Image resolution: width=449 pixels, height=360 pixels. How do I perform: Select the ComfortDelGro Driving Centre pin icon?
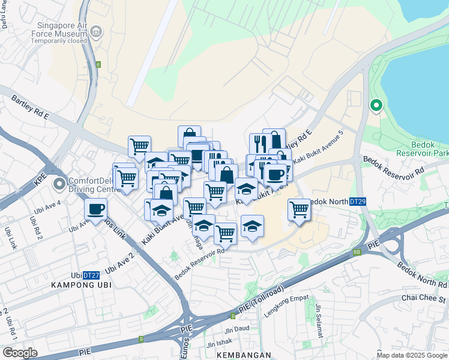click(59, 184)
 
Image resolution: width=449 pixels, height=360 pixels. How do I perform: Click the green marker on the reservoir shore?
click(376, 106)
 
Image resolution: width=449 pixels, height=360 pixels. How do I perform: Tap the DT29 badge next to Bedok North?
click(358, 202)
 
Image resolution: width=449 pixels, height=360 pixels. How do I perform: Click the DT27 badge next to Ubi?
click(91, 275)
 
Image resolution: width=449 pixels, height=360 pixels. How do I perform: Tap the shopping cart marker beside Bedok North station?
click(299, 209)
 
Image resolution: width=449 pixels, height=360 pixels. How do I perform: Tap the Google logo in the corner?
click(20, 353)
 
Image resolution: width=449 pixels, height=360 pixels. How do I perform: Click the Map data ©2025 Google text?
click(412, 355)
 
